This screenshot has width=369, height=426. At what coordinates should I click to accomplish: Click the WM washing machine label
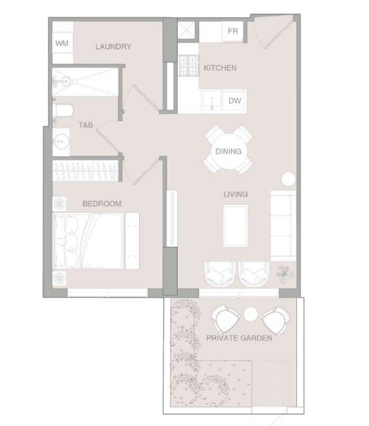click(62, 43)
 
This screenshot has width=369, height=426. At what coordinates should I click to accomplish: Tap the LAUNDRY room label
click(113, 47)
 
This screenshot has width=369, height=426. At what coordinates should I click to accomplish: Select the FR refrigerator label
click(232, 31)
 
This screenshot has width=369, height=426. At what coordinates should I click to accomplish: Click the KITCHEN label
click(220, 68)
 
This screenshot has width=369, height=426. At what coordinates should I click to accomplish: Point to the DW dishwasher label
click(234, 101)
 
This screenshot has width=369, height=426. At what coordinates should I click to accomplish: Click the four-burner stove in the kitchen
click(188, 65)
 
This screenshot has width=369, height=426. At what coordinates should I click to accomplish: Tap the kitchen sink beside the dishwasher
click(212, 100)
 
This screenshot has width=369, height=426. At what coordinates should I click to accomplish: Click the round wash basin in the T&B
click(61, 142)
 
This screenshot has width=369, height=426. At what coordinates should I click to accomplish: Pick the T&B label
click(86, 125)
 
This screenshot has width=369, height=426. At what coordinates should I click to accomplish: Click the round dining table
click(229, 151)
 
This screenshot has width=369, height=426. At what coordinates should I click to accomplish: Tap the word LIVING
click(236, 194)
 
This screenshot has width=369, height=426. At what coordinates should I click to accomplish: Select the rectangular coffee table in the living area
click(236, 226)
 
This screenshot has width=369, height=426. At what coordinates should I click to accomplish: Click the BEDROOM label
click(102, 204)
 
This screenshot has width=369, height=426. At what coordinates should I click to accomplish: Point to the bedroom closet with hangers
click(86, 170)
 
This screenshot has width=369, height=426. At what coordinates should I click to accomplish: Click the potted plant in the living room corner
click(284, 274)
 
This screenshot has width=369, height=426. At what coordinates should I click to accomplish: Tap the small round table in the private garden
click(250, 314)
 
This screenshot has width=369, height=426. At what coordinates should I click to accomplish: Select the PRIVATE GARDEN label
click(239, 338)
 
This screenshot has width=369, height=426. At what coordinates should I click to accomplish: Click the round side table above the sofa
click(288, 179)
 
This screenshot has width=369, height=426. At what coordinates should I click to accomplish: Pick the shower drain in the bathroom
click(66, 81)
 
